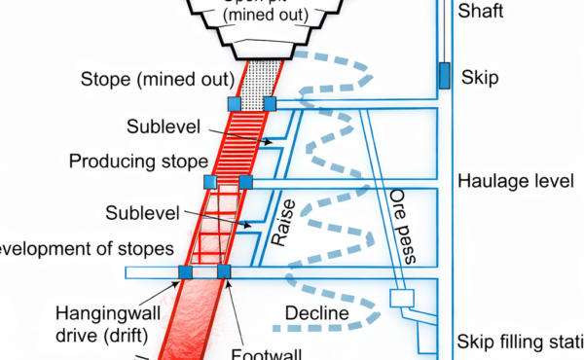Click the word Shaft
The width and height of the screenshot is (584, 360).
click(480, 12)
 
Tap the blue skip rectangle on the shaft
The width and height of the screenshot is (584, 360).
click(444, 76)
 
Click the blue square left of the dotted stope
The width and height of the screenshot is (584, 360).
click(234, 103)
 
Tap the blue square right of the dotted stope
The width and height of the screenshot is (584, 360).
click(270, 103)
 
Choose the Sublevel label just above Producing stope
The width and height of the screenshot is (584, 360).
click(161, 126)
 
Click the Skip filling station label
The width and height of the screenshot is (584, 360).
click(516, 342)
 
